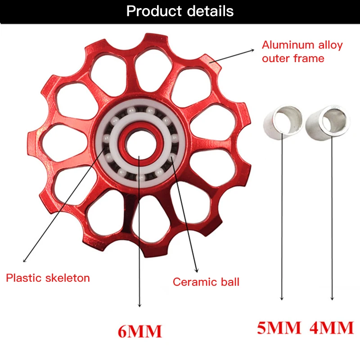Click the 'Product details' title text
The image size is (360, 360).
[x=180, y=11]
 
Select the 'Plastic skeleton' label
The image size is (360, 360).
[x=48, y=278]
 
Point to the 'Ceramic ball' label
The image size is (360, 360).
[x=206, y=282]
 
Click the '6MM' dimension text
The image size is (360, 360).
[x=139, y=332]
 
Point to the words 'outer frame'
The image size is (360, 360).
[x=293, y=58]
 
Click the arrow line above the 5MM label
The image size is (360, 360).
[x=282, y=216]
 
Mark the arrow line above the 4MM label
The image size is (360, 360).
[x=333, y=216]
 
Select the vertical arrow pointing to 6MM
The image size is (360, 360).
[x=140, y=234]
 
